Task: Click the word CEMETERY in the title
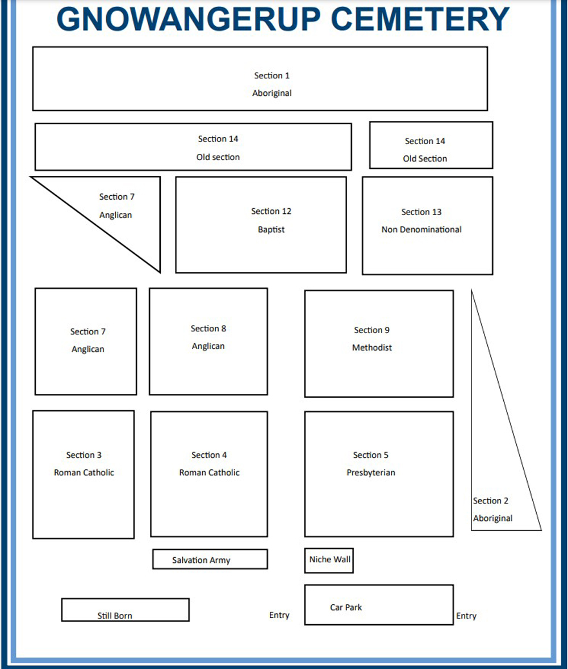(420, 19)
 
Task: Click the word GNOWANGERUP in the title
(189, 19)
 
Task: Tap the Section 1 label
(272, 75)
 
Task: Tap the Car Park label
(345, 607)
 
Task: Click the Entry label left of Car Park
(279, 615)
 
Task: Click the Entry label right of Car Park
(466, 616)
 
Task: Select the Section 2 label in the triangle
(490, 500)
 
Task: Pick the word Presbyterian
(371, 473)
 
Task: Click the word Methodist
(371, 348)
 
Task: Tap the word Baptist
(271, 230)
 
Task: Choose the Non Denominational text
(421, 230)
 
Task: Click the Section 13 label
(421, 212)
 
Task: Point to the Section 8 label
(208, 329)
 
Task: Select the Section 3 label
(83, 455)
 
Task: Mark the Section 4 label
(209, 455)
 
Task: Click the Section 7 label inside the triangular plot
(116, 197)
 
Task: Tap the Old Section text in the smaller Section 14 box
(425, 159)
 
